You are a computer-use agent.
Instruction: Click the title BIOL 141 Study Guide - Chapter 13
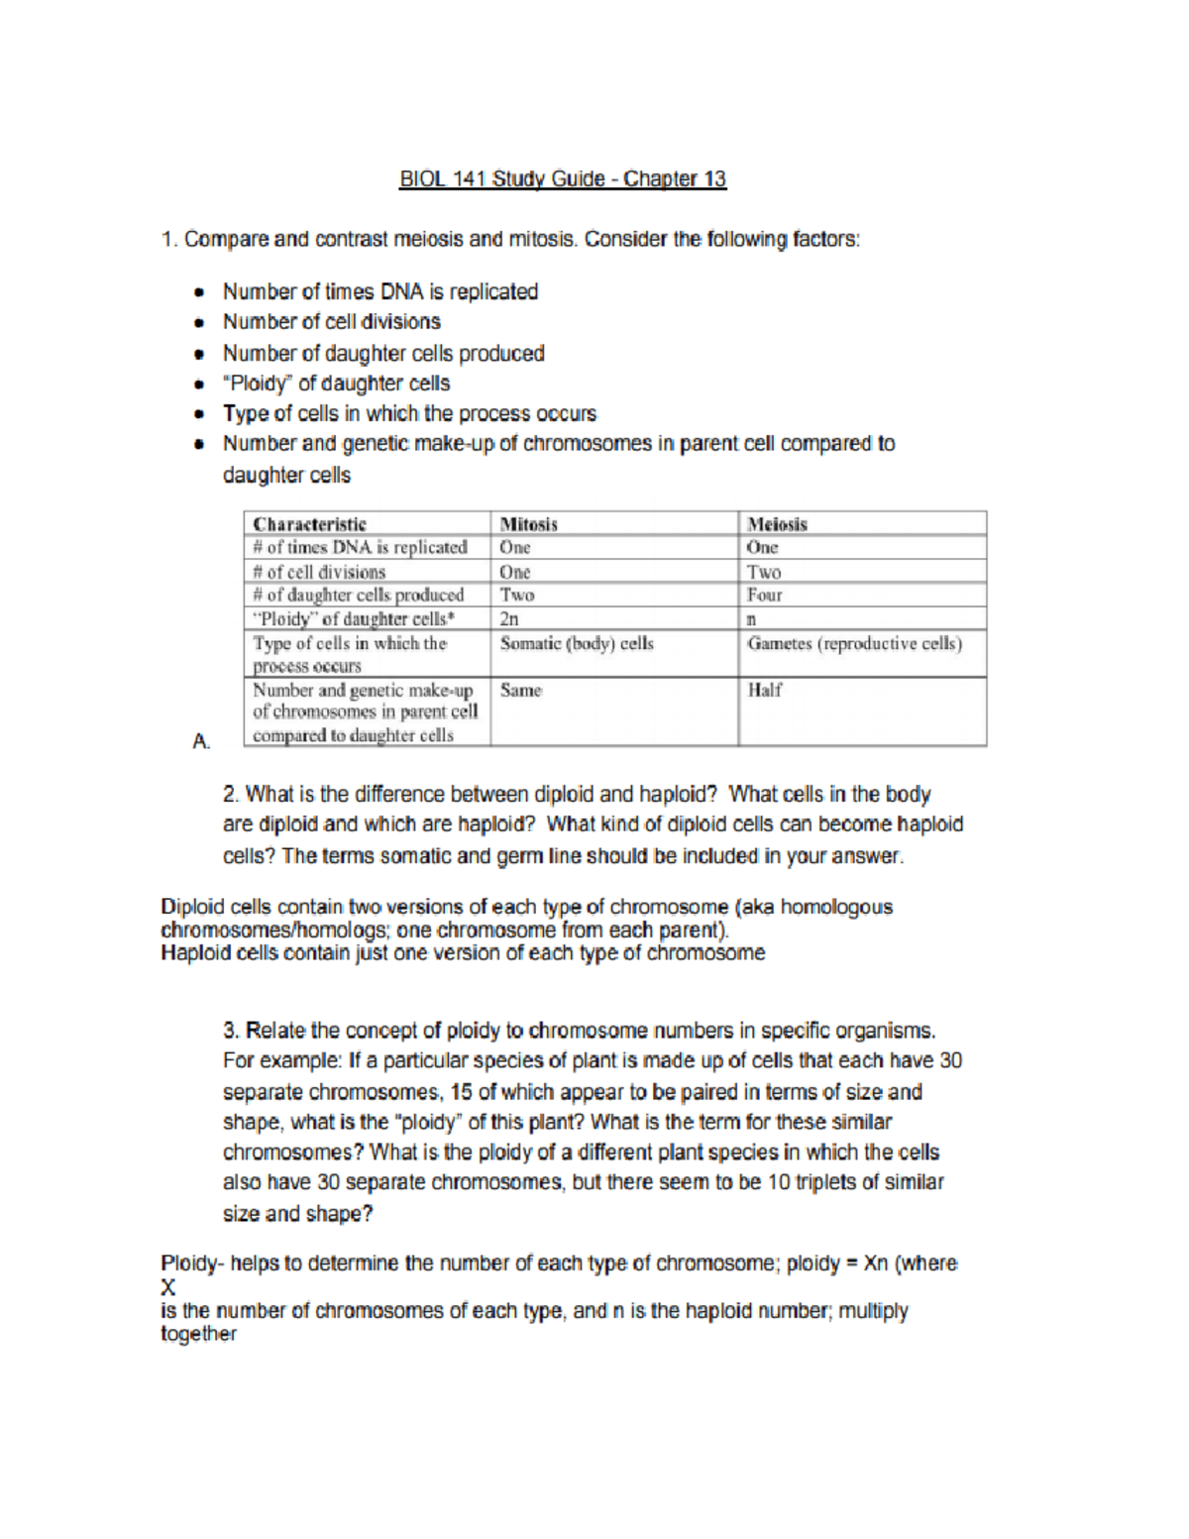click(x=562, y=179)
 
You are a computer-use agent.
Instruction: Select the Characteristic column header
click(x=309, y=524)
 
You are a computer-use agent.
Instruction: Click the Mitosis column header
click(x=528, y=524)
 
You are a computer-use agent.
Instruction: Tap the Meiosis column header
click(x=777, y=524)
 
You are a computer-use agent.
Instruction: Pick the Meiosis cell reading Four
click(x=764, y=596)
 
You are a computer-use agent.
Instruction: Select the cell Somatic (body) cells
click(x=576, y=644)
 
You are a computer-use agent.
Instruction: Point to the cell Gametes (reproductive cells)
click(x=854, y=644)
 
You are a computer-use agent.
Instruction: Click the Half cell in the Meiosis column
click(x=764, y=691)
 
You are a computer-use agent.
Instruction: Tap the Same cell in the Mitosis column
click(x=520, y=691)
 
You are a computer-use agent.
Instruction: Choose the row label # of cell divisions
click(x=318, y=572)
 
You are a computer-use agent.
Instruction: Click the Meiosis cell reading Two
click(x=763, y=572)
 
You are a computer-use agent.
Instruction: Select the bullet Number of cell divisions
click(x=331, y=322)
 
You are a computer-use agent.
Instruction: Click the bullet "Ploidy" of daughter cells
click(x=336, y=384)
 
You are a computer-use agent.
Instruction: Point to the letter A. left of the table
click(x=201, y=741)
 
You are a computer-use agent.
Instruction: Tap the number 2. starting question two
click(x=231, y=795)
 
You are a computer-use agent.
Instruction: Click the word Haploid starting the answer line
click(x=192, y=953)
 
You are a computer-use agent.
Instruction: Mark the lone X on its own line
click(x=167, y=1287)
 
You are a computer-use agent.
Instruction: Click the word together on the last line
click(x=198, y=1334)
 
